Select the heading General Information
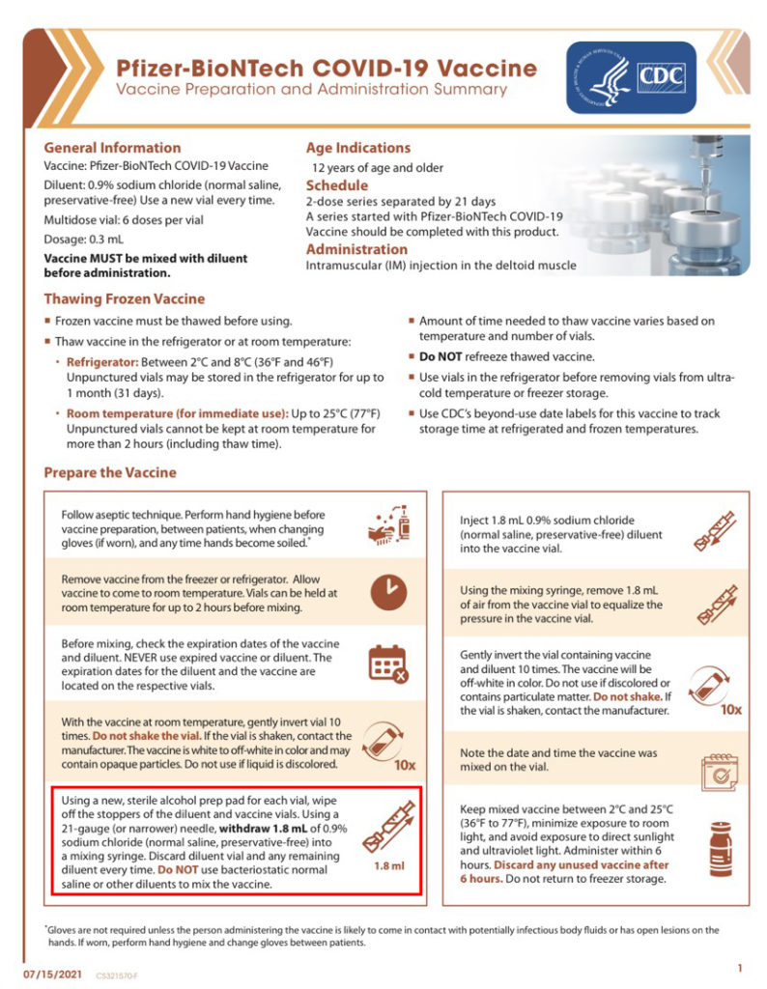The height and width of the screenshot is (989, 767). tap(112, 148)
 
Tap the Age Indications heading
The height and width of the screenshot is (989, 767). tap(358, 148)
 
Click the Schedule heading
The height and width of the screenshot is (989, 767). tap(336, 185)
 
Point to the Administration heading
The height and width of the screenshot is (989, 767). tap(355, 249)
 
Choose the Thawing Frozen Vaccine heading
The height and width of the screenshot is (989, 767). tap(125, 299)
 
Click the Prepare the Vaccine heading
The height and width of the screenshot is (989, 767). tap(110, 472)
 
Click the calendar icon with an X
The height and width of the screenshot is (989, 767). tap(389, 663)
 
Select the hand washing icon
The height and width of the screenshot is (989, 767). tap(389, 525)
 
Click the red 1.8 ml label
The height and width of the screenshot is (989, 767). tap(390, 867)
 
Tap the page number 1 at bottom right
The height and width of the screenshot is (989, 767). tap(739, 967)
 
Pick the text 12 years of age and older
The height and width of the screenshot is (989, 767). tap(375, 168)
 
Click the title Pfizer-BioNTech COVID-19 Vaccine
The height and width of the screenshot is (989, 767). tap(327, 69)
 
